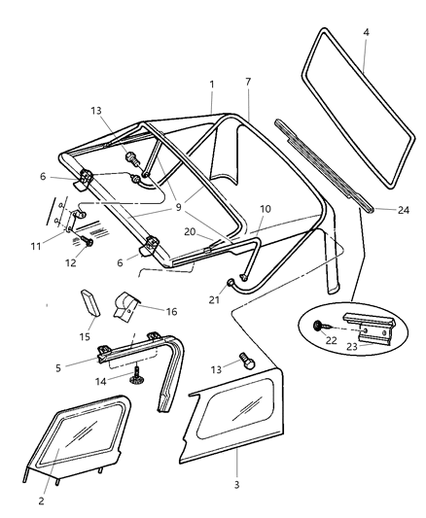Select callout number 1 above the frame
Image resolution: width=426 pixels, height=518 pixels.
coord(211,85)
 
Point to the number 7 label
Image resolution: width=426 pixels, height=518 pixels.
coord(248,82)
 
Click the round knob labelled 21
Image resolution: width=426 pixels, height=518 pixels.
coord(231,283)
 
